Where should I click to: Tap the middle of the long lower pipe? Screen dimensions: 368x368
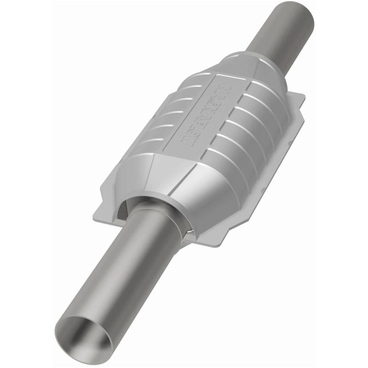tap(122, 271)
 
